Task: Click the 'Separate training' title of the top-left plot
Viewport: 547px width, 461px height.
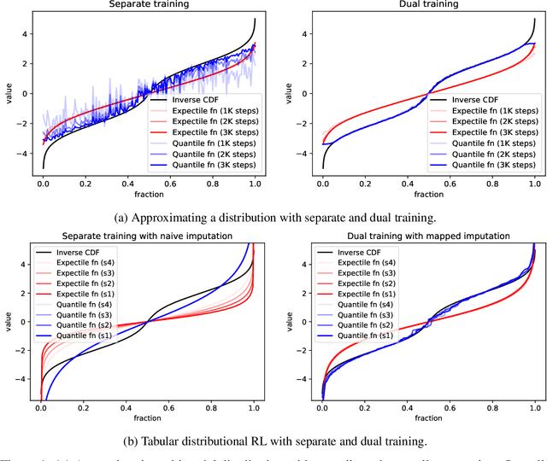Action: pyautogui.click(x=150, y=5)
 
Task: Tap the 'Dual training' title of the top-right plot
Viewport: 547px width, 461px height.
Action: pyautogui.click(x=427, y=5)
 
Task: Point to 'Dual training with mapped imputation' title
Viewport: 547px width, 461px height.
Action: pyautogui.click(x=427, y=236)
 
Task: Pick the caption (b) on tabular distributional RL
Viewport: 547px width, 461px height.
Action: pyautogui.click(x=273, y=441)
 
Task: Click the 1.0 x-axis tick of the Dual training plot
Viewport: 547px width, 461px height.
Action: pyautogui.click(x=533, y=184)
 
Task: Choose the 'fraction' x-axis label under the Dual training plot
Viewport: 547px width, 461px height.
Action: pyautogui.click(x=427, y=195)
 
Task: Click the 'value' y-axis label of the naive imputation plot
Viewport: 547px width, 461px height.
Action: pyautogui.click(x=7, y=324)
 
